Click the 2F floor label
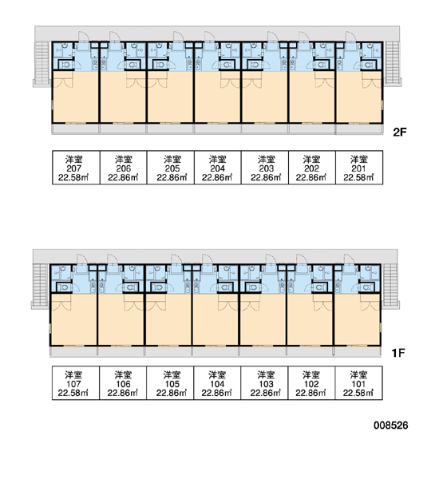400,133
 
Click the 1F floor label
398,353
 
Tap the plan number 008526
391,426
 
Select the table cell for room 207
76,168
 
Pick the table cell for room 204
218,168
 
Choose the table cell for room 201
359,168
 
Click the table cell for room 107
76,382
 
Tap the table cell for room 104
217,382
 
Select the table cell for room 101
358,382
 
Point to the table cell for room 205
171,168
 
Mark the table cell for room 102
311,382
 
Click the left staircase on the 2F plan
42,63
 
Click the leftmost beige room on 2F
76,97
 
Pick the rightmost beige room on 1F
357,319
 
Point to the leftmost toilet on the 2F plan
65,65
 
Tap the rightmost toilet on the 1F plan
368,287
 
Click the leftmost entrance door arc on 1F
81,259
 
